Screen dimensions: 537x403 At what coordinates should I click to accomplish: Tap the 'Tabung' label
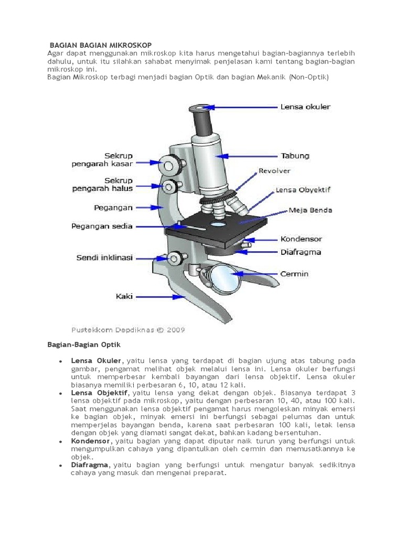(x=295, y=156)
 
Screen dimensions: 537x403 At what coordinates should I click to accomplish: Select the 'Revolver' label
(x=274, y=171)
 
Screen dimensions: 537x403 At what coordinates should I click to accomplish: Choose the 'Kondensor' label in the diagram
(x=301, y=239)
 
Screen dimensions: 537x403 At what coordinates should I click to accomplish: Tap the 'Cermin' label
(x=294, y=274)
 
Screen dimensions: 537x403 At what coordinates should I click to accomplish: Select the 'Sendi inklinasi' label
(x=105, y=258)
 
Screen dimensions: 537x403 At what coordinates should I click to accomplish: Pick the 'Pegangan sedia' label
(x=102, y=227)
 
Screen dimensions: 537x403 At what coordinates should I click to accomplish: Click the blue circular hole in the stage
(x=218, y=224)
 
